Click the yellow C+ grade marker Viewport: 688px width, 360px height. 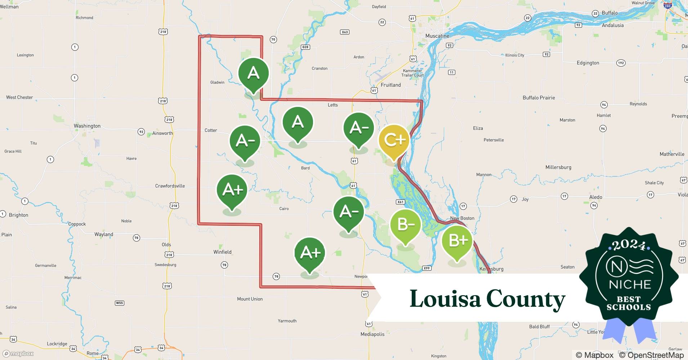tap(394, 140)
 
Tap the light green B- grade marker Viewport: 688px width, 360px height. tap(406, 225)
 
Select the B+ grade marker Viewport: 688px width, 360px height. tap(457, 240)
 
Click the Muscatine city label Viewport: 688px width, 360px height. tap(437, 36)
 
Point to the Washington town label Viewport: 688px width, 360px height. tap(87, 126)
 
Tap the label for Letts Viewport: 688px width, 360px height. tap(332, 105)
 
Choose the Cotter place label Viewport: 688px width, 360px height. tap(211, 130)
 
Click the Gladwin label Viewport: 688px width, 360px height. tap(217, 82)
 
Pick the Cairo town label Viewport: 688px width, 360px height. tap(284, 209)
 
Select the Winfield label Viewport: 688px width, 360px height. tap(222, 252)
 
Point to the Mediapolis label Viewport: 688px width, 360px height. tap(372, 334)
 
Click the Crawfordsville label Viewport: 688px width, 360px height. tap(170, 186)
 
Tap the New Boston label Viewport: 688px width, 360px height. tap(462, 218)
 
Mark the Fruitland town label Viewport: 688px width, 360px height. tap(390, 85)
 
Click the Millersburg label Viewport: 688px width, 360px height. tap(558, 167)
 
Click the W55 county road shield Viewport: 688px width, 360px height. tap(119, 303)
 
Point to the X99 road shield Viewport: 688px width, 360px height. tap(426, 268)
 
